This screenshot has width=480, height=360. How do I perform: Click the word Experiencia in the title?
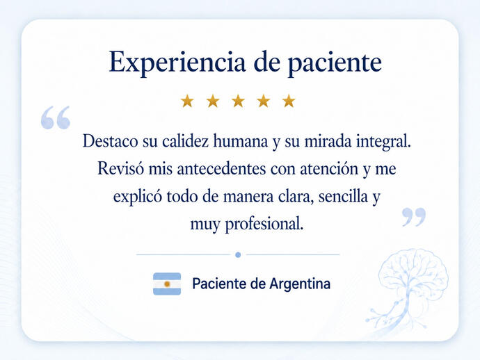pos(177,63)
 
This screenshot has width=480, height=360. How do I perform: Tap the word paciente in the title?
pos(335,63)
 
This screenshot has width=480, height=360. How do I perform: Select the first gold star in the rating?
pos(187,101)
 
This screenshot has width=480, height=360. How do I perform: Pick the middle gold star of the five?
pos(238,101)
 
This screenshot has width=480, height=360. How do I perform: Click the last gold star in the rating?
pos(289,101)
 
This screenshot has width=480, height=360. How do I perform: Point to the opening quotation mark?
pos(56,117)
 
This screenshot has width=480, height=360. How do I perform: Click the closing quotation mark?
pos(414,217)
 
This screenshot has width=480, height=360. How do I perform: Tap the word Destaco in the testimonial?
pos(110,141)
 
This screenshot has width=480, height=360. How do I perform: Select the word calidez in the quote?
pos(185,141)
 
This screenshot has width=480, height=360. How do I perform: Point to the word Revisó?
pos(120,168)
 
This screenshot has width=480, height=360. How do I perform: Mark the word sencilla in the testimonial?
pos(343,197)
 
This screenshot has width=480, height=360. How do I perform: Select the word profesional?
pos(264,224)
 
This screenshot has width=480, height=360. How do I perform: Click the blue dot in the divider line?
pos(238,254)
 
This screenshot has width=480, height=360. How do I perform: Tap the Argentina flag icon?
pos(167,284)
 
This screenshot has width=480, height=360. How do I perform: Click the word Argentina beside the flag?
pos(300,284)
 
